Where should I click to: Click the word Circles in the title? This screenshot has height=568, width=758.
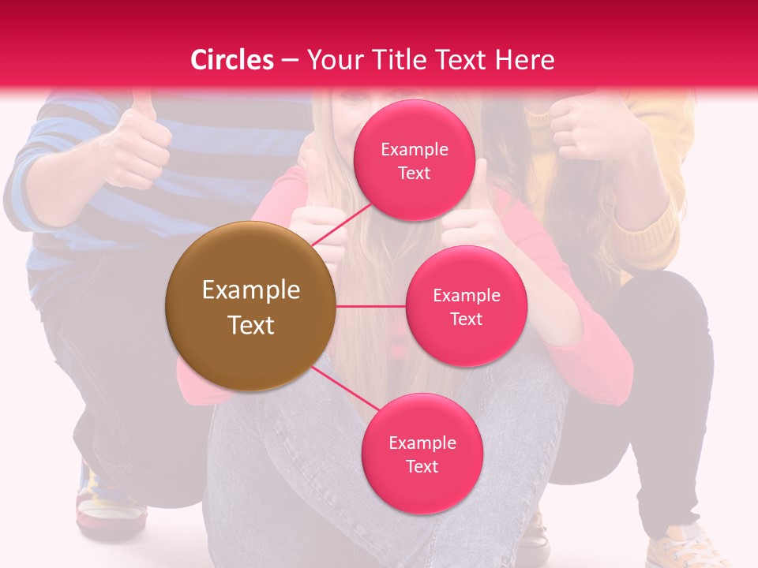click(x=231, y=60)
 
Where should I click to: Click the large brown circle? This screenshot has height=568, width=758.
click(x=250, y=306)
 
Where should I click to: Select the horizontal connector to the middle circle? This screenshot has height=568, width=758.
click(x=370, y=306)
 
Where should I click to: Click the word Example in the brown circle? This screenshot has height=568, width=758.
click(x=251, y=290)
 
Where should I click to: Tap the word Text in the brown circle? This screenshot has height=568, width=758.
click(x=251, y=325)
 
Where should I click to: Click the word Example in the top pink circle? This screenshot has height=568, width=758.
click(x=415, y=150)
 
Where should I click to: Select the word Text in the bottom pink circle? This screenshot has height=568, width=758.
click(x=422, y=466)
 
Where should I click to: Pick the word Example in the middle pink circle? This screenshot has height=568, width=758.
click(x=467, y=296)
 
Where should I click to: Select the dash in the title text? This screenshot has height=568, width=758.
click(x=289, y=60)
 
